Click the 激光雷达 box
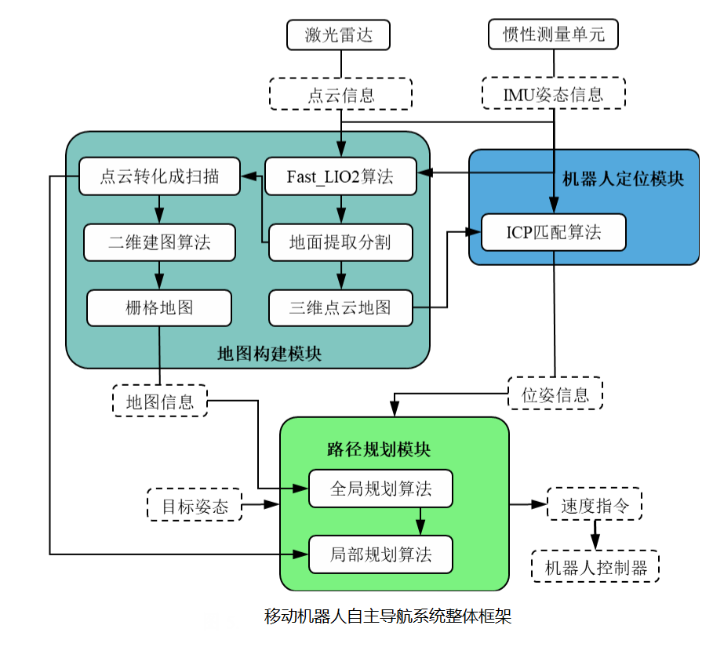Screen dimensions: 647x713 pyautogui.click(x=340, y=35)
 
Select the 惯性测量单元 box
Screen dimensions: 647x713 pyautogui.click(x=553, y=35)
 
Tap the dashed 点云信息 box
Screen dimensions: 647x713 pyautogui.click(x=340, y=94)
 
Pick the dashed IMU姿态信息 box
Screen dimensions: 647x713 pyautogui.click(x=553, y=94)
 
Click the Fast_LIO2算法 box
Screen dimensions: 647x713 pyautogui.click(x=340, y=176)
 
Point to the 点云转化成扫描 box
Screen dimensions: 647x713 pyautogui.click(x=159, y=176)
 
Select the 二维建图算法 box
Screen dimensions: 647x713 pyautogui.click(x=159, y=242)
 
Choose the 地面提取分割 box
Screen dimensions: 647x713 pyautogui.click(x=340, y=242)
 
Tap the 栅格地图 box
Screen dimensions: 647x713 pyautogui.click(x=159, y=307)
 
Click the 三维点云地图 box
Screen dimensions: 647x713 pyautogui.click(x=340, y=307)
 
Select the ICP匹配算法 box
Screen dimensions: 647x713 pyautogui.click(x=553, y=232)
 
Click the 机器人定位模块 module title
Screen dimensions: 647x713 pyautogui.click(x=623, y=180)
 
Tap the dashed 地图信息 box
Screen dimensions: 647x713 pyautogui.click(x=159, y=402)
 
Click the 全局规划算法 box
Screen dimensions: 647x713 pyautogui.click(x=380, y=489)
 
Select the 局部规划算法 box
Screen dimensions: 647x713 pyautogui.click(x=380, y=554)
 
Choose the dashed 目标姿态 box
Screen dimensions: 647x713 pyautogui.click(x=195, y=506)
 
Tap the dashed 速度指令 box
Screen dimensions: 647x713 pyautogui.click(x=594, y=505)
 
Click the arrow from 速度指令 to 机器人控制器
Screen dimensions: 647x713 pyautogui.click(x=595, y=536)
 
